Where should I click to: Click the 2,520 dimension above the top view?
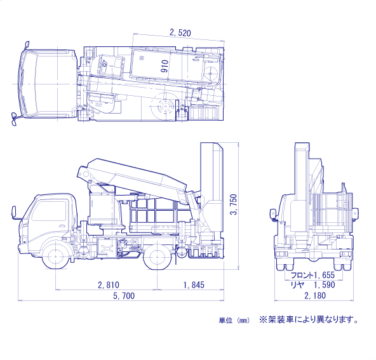[180, 32]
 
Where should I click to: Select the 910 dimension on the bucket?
[164, 67]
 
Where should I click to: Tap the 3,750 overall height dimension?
[233, 204]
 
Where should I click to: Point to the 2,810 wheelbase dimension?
[109, 284]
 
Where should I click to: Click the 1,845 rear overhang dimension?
[194, 284]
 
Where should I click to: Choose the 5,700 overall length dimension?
[124, 296]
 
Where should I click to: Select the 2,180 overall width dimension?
[315, 295]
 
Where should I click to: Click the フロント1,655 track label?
[312, 275]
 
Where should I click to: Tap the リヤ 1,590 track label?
[312, 284]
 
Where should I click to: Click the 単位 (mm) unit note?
[234, 320]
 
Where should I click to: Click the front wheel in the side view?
[55, 257]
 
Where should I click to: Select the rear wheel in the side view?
[158, 257]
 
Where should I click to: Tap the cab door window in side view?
[49, 211]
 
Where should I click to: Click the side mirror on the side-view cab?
[13, 212]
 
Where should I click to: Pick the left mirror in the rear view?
[272, 213]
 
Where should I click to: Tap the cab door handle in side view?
[62, 226]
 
